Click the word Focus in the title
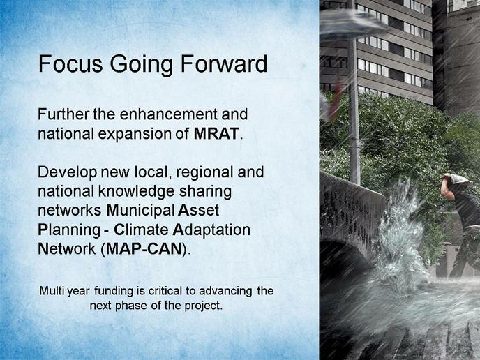pyautogui.click(x=70, y=63)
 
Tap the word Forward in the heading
pyautogui.click(x=224, y=63)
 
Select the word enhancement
pyautogui.click(x=169, y=114)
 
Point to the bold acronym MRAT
pyautogui.click(x=216, y=134)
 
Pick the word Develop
pyautogui.click(x=68, y=172)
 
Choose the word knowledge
pyautogui.click(x=137, y=192)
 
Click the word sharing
pyautogui.click(x=205, y=192)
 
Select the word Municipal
pyautogui.click(x=140, y=211)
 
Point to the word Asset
pyautogui.click(x=198, y=211)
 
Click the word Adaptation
pyautogui.click(x=211, y=230)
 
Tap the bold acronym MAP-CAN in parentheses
pyautogui.click(x=144, y=249)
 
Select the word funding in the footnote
pyautogui.click(x=114, y=291)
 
